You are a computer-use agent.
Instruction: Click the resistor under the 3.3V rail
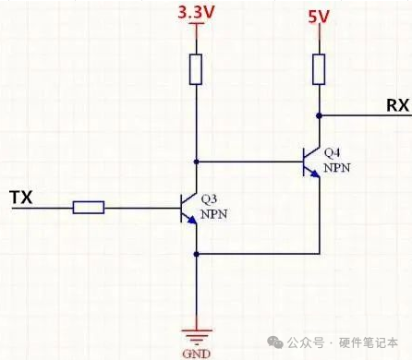[196, 69]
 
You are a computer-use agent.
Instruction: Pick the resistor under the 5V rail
[318, 68]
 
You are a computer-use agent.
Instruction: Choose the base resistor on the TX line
[89, 208]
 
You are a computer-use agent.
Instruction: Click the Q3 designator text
[212, 198]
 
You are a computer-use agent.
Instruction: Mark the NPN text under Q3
[213, 213]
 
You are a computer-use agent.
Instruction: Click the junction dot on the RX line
[318, 115]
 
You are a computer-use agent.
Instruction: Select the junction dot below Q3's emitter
[196, 253]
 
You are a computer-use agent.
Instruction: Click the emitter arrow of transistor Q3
[191, 220]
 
